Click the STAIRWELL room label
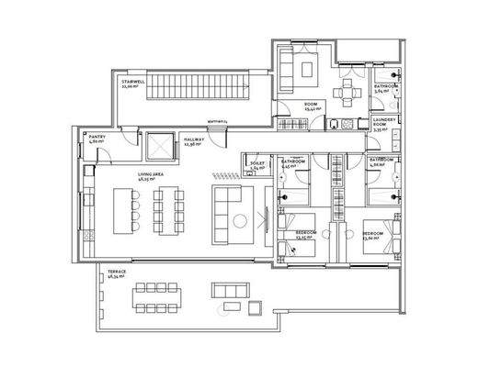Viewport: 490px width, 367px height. click(132, 81)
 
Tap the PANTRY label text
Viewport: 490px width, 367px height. click(97, 137)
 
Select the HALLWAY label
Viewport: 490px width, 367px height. click(193, 139)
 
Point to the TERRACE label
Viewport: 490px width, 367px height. click(116, 272)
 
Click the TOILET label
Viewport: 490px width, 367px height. click(257, 165)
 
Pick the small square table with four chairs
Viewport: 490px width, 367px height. click(348, 90)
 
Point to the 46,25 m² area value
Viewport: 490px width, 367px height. click(121, 180)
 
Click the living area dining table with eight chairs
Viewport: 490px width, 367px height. click(167, 210)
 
